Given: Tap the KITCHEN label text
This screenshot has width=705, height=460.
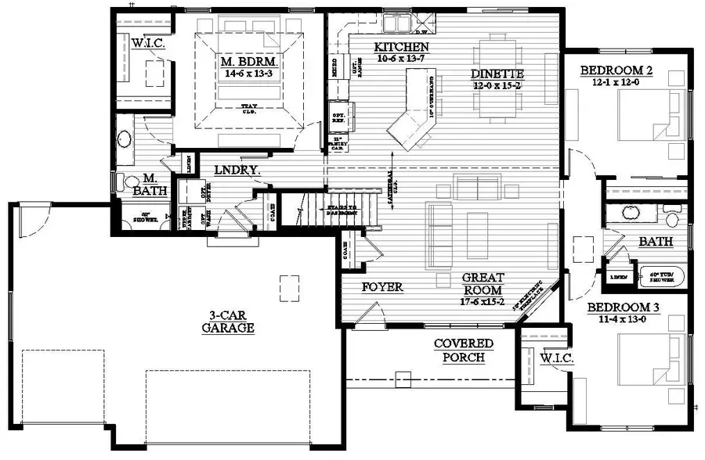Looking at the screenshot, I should click(400, 46).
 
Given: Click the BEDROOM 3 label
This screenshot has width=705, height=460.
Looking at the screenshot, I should click(624, 307).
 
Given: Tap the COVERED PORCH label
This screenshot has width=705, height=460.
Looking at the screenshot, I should click(464, 350).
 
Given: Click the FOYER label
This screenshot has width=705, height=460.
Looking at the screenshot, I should click(382, 287).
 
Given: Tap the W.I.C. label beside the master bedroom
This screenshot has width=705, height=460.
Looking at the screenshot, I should click(147, 42).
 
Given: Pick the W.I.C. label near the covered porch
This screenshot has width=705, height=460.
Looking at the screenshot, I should click(557, 358).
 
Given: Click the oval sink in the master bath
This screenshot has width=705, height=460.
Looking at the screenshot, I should click(125, 141).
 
